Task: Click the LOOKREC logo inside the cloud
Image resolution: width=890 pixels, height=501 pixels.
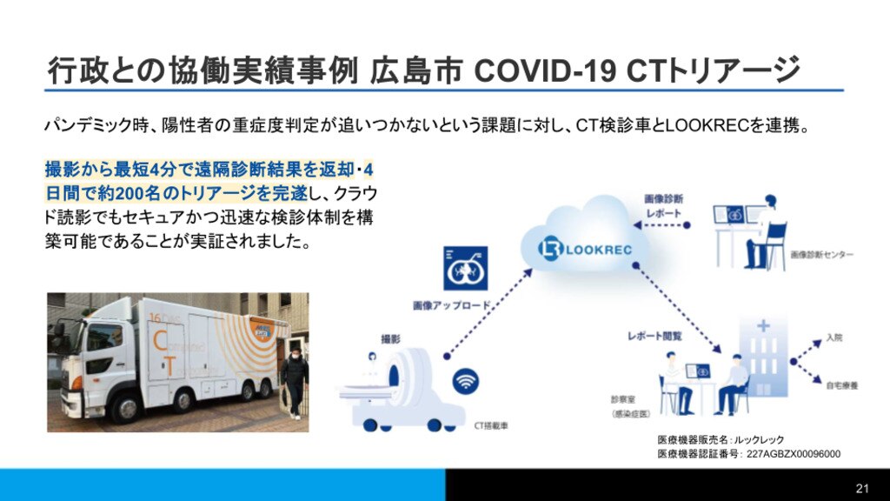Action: [585, 250]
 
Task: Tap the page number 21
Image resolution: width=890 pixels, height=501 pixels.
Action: [862, 488]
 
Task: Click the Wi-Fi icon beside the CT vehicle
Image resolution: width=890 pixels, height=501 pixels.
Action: [466, 381]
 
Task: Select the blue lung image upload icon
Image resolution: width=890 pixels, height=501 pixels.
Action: [466, 268]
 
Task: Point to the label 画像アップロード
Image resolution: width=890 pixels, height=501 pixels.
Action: [451, 305]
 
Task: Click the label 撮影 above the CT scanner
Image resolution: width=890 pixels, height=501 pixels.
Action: [390, 339]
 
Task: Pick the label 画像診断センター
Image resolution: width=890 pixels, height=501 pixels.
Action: [822, 255]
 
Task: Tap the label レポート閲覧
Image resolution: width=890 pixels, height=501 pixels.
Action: [654, 336]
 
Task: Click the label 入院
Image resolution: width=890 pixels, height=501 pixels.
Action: [834, 337]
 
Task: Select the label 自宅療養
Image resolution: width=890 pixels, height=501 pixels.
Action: [841, 385]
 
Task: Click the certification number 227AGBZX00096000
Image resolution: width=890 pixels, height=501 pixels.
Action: [794, 454]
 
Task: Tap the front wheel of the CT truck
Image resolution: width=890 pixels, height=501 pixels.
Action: [125, 409]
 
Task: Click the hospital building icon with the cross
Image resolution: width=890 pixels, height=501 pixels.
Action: [763, 357]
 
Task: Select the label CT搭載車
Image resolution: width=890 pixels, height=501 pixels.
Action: [491, 425]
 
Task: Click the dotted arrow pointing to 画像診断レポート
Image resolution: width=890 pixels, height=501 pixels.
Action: [661, 225]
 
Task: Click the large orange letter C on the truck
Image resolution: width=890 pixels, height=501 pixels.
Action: [160, 341]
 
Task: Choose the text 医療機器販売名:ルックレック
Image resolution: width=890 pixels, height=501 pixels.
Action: [721, 439]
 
